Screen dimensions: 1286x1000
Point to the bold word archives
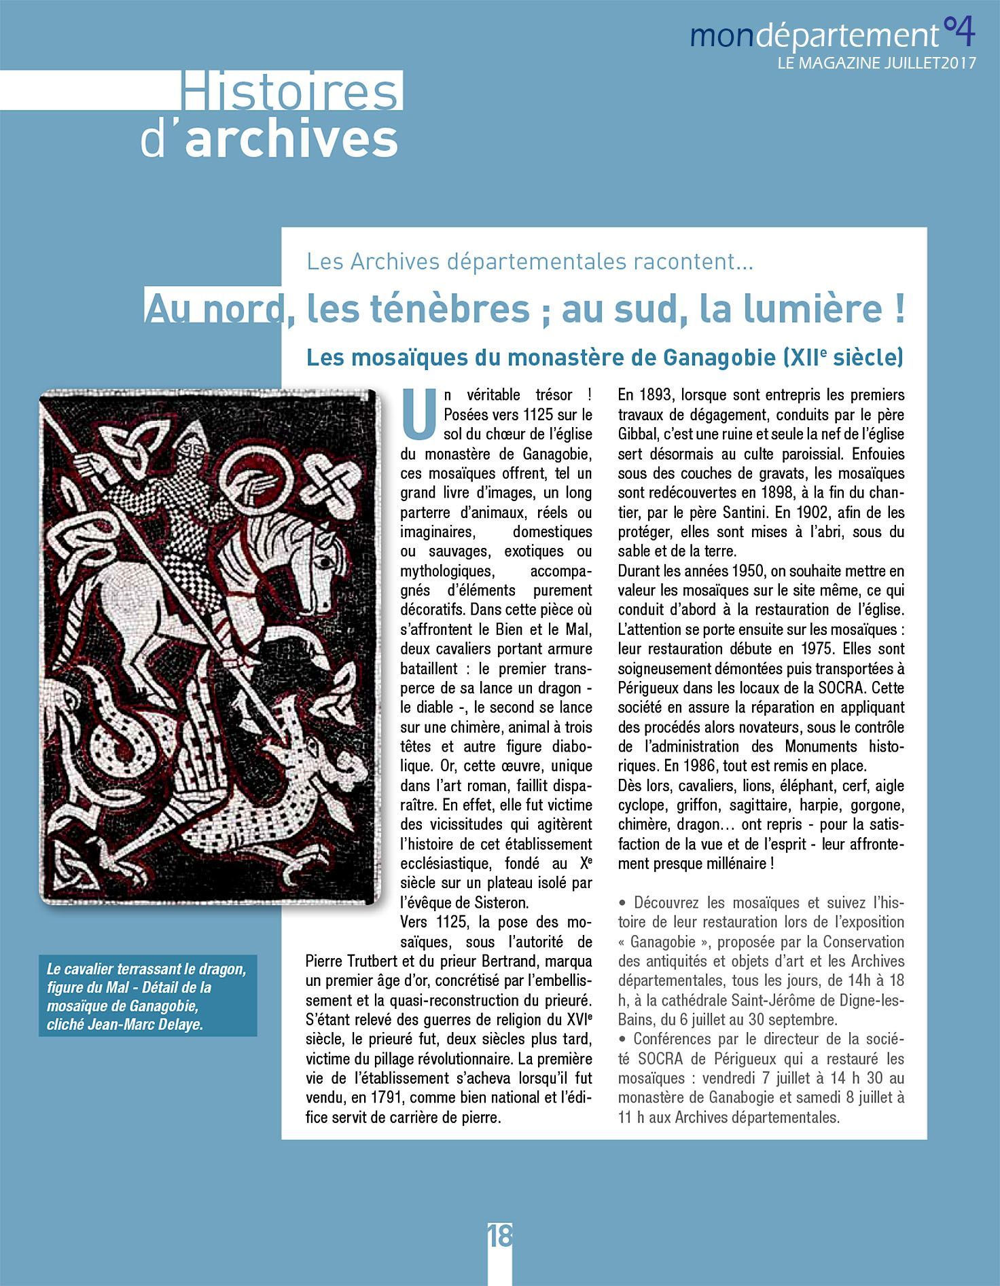[291, 139]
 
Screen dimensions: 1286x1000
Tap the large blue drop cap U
[418, 414]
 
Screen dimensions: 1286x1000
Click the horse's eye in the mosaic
[327, 563]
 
